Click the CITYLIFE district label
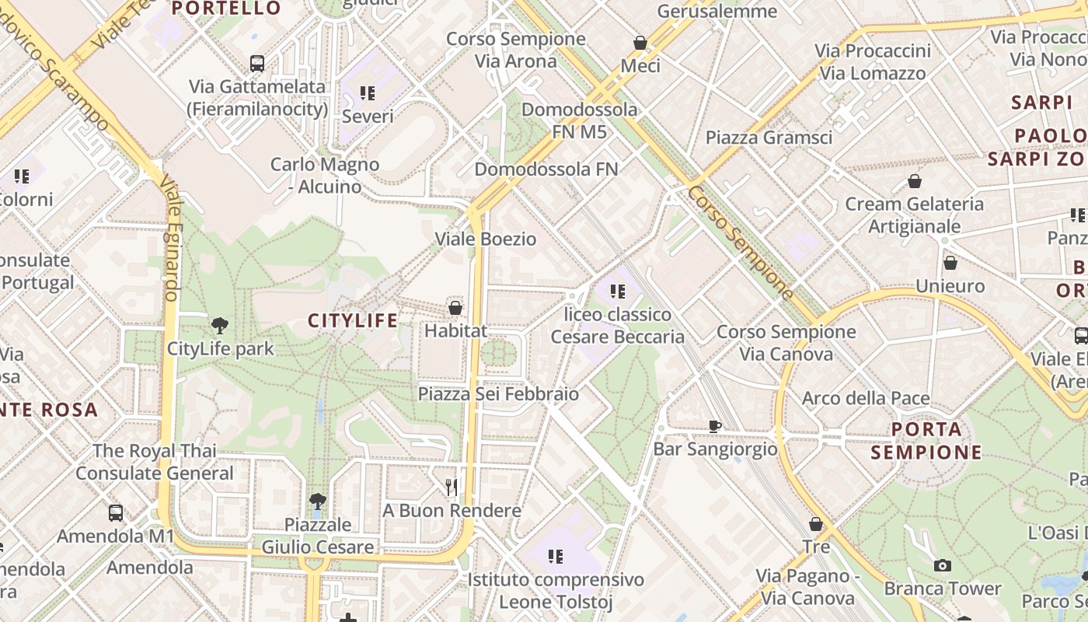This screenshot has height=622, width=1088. pyautogui.click(x=353, y=320)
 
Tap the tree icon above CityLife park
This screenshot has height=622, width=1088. pyautogui.click(x=220, y=326)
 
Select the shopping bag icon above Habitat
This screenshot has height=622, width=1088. pyautogui.click(x=455, y=308)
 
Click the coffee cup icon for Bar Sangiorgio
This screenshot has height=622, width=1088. pyautogui.click(x=715, y=426)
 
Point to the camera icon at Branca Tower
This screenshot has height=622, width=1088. pyautogui.click(x=942, y=565)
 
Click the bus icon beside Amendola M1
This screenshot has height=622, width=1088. pyautogui.click(x=116, y=513)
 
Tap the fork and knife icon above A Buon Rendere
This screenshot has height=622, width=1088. pyautogui.click(x=452, y=487)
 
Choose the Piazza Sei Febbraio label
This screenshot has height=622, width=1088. pyautogui.click(x=498, y=394)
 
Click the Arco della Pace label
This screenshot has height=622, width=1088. pyautogui.click(x=866, y=399)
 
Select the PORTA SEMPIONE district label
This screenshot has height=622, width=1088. pyautogui.click(x=926, y=441)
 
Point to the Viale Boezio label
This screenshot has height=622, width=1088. pyautogui.click(x=486, y=239)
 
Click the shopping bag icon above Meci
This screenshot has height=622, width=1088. pyautogui.click(x=640, y=43)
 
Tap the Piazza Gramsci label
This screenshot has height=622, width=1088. pyautogui.click(x=769, y=138)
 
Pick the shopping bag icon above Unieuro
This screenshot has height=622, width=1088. pyautogui.click(x=950, y=263)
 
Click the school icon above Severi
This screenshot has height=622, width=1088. pyautogui.click(x=368, y=93)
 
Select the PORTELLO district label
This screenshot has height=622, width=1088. pyautogui.click(x=226, y=9)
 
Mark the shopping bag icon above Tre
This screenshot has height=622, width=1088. pyautogui.click(x=816, y=524)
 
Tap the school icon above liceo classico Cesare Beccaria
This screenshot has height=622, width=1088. pyautogui.click(x=618, y=292)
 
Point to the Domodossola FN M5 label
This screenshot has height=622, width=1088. pyautogui.click(x=579, y=121)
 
